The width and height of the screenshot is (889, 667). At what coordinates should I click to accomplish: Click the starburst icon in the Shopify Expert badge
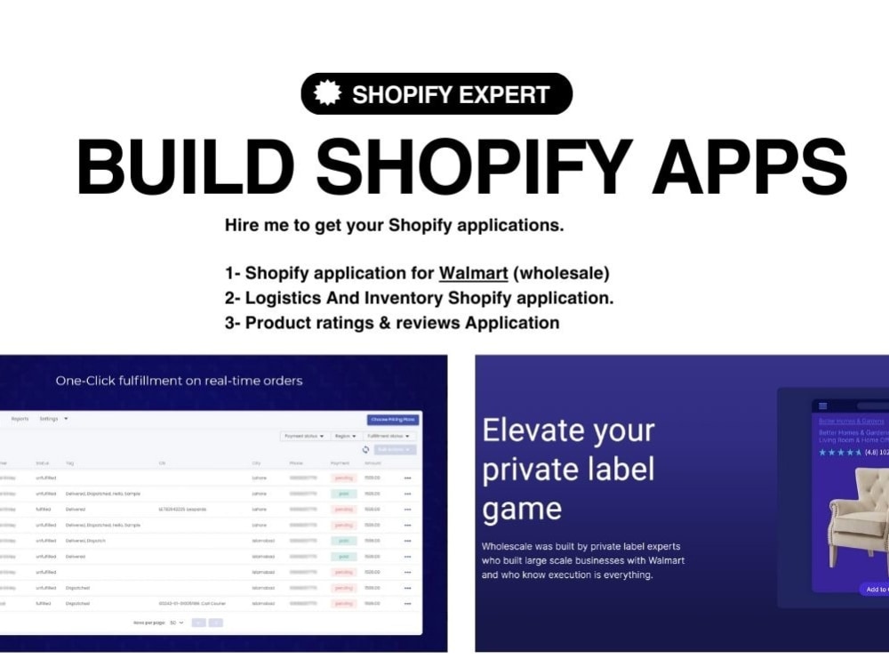[x=327, y=93]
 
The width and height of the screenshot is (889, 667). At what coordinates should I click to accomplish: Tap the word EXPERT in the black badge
[x=501, y=94]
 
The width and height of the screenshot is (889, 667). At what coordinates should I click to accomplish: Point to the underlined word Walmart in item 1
[x=473, y=273]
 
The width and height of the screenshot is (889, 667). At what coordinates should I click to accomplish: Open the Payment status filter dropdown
[x=304, y=436]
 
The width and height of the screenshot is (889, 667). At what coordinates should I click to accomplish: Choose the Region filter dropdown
[x=345, y=436]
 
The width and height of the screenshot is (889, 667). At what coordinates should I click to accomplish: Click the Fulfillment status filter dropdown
[x=388, y=436]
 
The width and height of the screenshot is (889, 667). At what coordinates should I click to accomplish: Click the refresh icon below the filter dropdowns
[x=365, y=450]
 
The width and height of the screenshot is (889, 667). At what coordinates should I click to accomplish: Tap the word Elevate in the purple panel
[x=525, y=431]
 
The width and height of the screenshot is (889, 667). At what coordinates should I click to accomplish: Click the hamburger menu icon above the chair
[x=822, y=406]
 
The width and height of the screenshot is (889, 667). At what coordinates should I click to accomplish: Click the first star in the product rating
[x=822, y=453]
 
